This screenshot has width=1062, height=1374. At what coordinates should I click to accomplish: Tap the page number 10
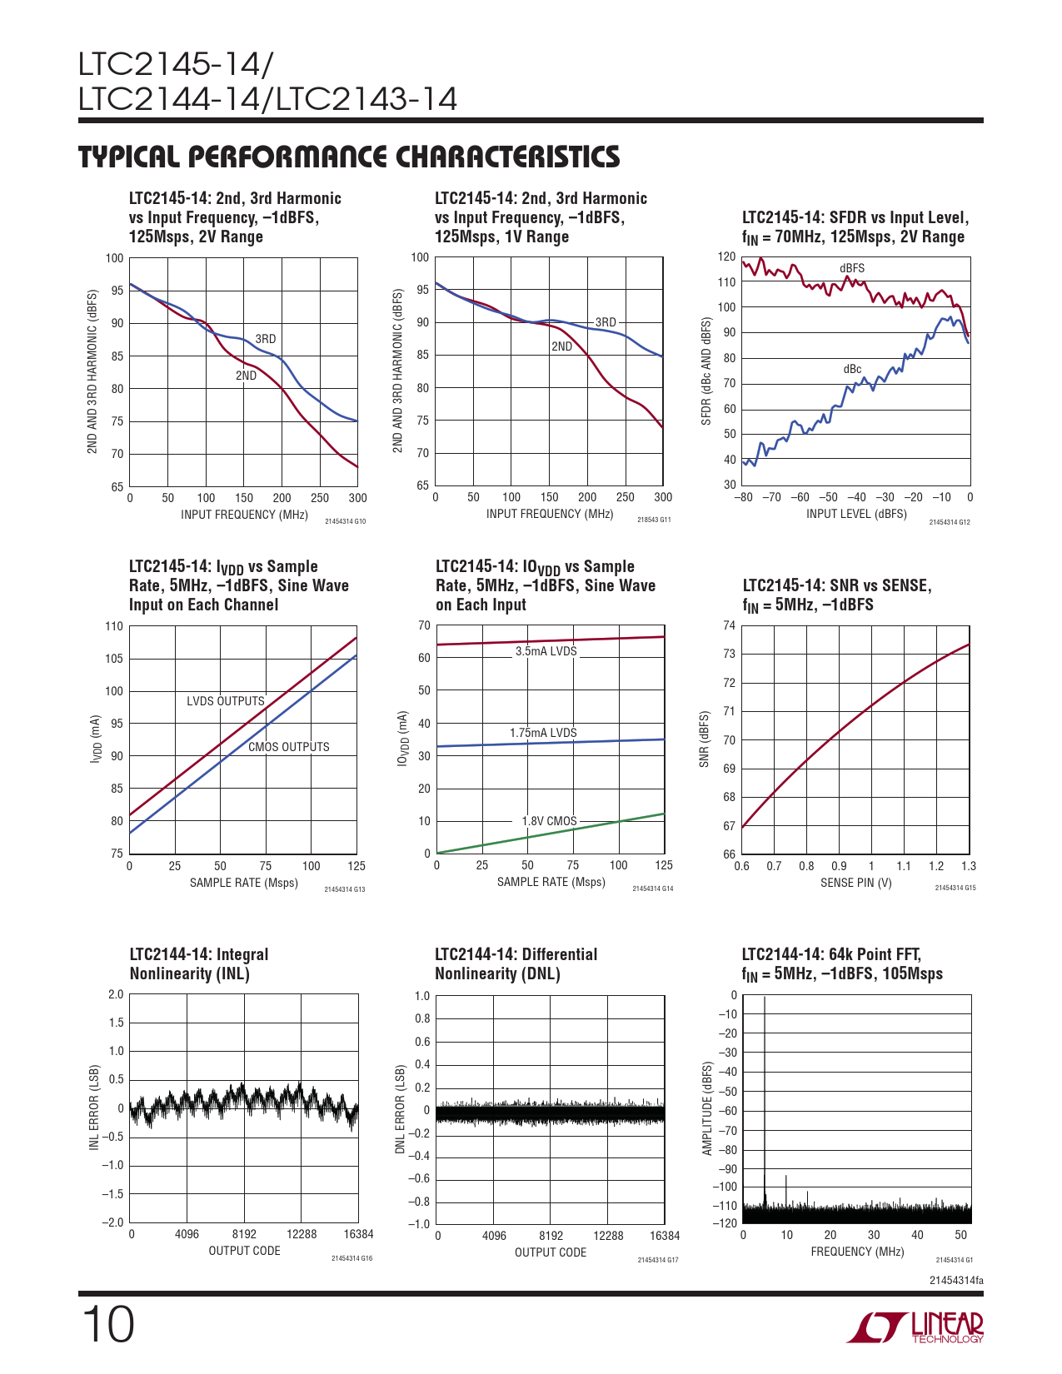[107, 1325]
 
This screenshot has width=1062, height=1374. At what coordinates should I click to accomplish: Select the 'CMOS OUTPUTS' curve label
[288, 747]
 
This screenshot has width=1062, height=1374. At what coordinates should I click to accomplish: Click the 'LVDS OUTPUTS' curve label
[225, 701]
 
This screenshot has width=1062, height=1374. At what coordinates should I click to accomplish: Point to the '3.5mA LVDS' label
[546, 651]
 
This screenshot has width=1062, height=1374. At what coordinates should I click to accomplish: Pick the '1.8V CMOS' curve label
[549, 821]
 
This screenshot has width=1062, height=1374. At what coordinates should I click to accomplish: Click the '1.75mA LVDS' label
[543, 733]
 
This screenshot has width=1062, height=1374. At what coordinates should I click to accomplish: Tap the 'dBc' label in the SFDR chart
[852, 369]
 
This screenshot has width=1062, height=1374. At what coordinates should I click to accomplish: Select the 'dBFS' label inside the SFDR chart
[852, 268]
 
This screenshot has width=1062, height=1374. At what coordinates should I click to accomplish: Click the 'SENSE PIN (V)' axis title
[855, 883]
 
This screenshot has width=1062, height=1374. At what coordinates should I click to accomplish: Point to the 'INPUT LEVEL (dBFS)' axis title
[855, 514]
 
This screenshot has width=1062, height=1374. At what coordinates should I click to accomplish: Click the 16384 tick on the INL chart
[358, 1234]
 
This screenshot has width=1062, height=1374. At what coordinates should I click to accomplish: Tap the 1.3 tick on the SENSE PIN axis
[968, 866]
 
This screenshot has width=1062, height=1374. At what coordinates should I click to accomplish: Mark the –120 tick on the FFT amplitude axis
[726, 1222]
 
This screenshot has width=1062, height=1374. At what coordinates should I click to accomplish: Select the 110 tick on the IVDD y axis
[113, 626]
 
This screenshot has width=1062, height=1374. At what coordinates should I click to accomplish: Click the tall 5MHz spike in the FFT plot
[765, 1099]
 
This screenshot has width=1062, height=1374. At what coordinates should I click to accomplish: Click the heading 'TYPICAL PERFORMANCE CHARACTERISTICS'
[349, 157]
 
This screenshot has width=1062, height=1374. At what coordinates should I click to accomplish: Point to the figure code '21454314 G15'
[955, 888]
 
